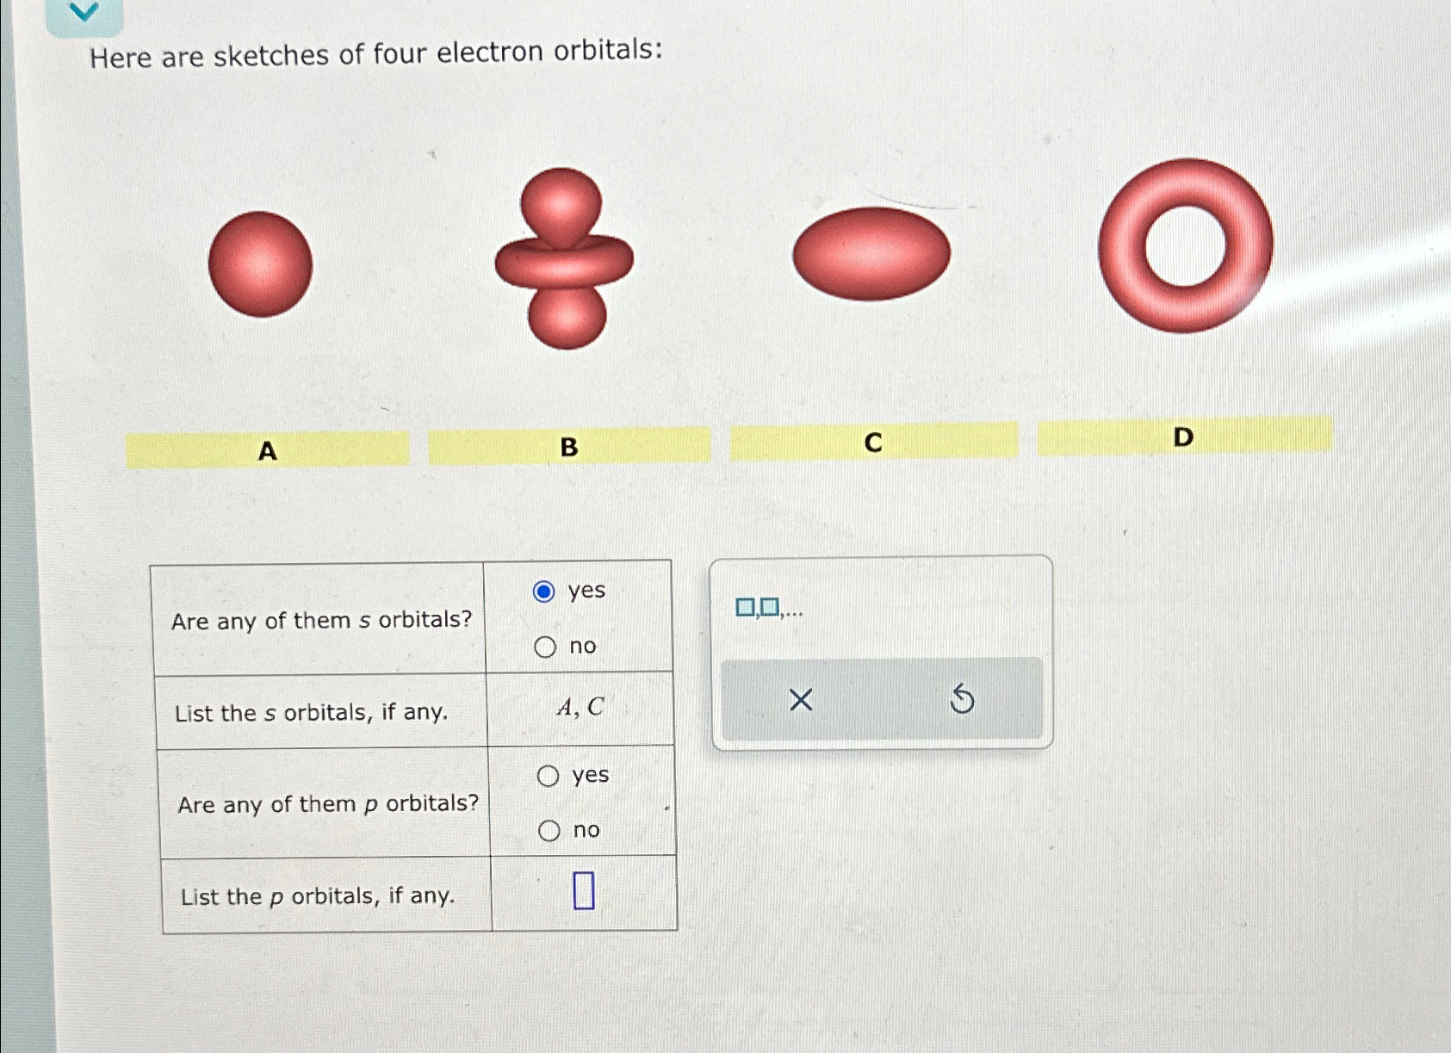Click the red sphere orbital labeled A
coord(260,264)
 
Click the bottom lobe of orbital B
coord(567,318)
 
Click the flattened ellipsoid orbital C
coord(871,254)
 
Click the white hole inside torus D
coord(1185,246)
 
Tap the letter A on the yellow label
coord(268,450)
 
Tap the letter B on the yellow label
coord(569,447)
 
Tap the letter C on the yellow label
coord(873,443)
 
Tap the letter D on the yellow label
coord(1183,437)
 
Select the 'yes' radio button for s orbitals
coord(544,592)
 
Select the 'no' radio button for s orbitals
coord(545,647)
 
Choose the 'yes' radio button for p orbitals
coord(548,776)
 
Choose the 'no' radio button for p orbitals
coord(549,831)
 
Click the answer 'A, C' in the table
coord(580,708)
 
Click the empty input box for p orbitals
coord(584,891)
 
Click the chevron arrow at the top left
coord(84,12)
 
